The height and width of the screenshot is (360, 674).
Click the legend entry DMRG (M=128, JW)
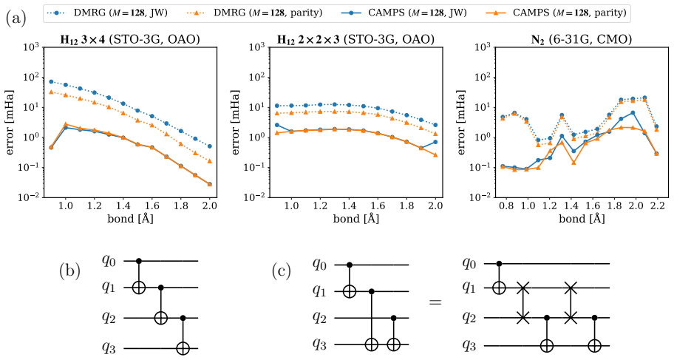pyautogui.click(x=107, y=13)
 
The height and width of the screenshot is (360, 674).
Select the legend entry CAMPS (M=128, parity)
pyautogui.click(x=555, y=13)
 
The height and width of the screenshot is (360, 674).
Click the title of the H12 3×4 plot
pyautogui.click(x=130, y=39)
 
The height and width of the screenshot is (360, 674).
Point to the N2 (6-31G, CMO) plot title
pyautogui.click(x=582, y=39)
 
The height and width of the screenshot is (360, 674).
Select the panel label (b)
pyautogui.click(x=69, y=272)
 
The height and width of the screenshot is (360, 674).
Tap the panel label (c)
pyautogui.click(x=282, y=272)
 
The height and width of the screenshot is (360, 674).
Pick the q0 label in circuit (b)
pyautogui.click(x=109, y=261)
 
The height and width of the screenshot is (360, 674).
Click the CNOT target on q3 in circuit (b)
pyautogui.click(x=183, y=348)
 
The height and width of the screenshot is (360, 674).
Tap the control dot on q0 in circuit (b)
pyautogui.click(x=138, y=261)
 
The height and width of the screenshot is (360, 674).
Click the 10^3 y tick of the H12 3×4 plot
pyautogui.click(x=32, y=47)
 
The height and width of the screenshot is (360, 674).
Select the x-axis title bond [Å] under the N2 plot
pyautogui.click(x=582, y=219)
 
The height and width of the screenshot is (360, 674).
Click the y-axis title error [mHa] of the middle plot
pyautogui.click(x=236, y=122)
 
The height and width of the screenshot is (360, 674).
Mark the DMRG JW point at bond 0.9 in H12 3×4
pyautogui.click(x=51, y=82)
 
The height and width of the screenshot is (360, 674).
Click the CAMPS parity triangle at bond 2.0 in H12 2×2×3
pyautogui.click(x=435, y=154)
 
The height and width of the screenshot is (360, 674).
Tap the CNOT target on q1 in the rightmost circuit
pyautogui.click(x=499, y=288)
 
